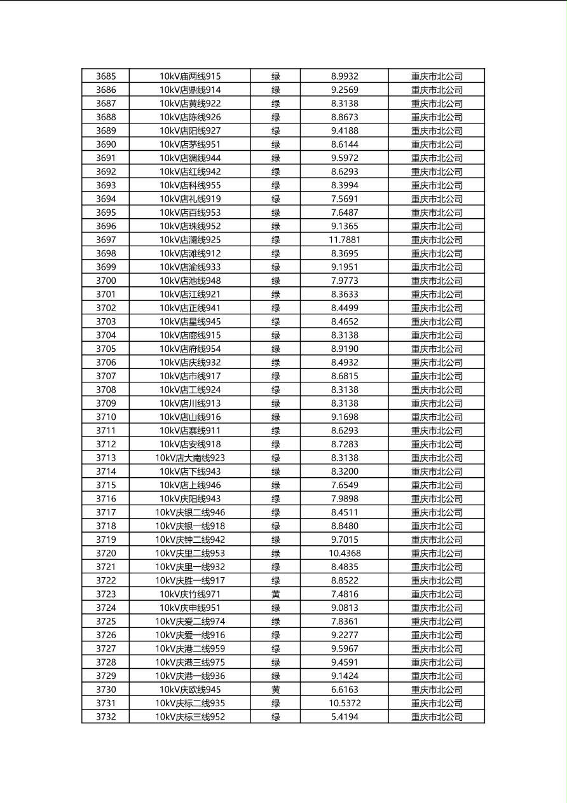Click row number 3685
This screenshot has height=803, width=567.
[106, 76]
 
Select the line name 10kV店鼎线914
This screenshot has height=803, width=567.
[190, 90]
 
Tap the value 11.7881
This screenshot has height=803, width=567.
[345, 240]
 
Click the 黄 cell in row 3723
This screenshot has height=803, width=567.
[275, 594]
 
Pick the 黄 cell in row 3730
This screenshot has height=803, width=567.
[275, 690]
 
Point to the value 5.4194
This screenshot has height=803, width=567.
[345, 717]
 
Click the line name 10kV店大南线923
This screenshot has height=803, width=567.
[190, 458]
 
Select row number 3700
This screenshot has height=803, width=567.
[106, 281]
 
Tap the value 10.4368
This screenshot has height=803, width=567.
[345, 554]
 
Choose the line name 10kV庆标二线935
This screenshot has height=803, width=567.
[190, 703]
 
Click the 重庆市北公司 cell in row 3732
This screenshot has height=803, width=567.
[437, 717]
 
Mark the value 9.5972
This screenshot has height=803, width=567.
[345, 158]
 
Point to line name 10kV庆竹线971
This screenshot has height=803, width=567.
[190, 594]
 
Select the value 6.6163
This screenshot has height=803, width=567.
[345, 690]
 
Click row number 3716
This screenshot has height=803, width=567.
[106, 499]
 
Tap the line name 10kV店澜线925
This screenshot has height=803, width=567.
[190, 240]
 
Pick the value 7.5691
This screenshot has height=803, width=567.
[345, 199]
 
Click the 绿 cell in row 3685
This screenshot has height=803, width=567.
[275, 76]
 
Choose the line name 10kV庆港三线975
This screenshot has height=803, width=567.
[190, 662]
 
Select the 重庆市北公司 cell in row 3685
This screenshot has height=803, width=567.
[437, 76]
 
